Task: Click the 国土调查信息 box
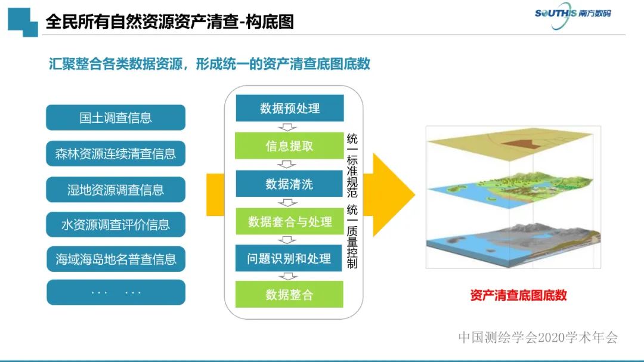tap(116, 117)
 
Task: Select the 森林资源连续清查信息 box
tap(116, 154)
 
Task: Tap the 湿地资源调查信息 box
tap(116, 190)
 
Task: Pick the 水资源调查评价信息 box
tap(116, 225)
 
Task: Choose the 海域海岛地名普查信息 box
tap(116, 259)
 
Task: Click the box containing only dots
tap(116, 292)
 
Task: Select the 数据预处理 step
tap(290, 109)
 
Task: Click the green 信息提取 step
tap(290, 146)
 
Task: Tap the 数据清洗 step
tap(290, 184)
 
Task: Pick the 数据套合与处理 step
tap(290, 221)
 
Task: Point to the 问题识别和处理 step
tap(290, 258)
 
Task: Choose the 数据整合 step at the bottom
tap(290, 295)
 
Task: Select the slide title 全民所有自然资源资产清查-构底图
tap(170, 23)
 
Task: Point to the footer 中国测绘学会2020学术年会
tap(538, 338)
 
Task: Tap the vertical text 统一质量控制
tap(352, 236)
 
